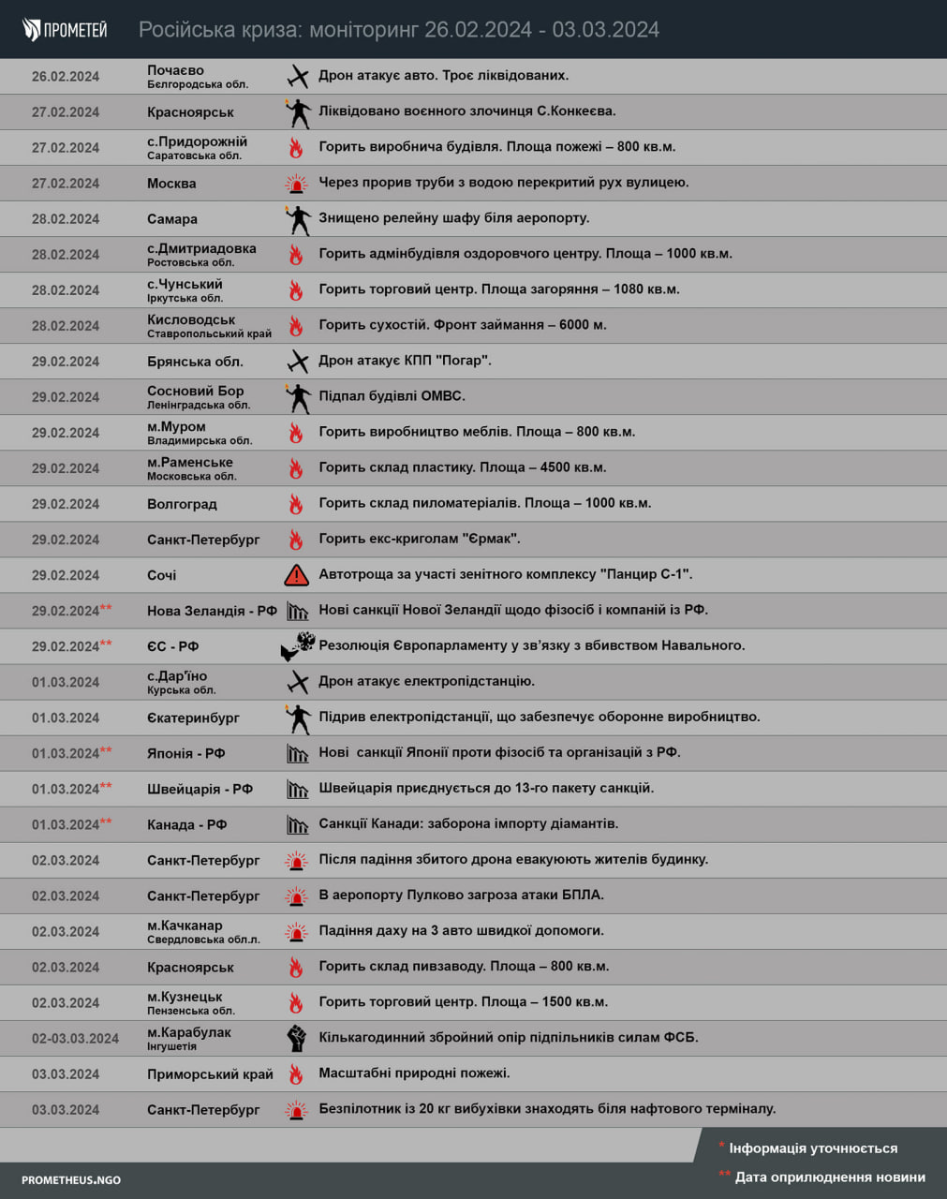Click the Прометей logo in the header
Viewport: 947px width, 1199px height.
(65, 29)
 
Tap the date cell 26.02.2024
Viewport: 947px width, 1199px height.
(66, 77)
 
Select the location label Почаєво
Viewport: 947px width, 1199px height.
(176, 70)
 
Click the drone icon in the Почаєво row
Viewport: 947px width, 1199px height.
(297, 77)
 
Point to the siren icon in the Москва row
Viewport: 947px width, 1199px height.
(296, 184)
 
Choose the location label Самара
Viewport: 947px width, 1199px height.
(172, 219)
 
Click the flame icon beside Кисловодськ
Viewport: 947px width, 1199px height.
(296, 326)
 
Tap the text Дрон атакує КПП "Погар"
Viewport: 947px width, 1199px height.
(405, 361)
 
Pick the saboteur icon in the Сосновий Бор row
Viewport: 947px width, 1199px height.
(297, 397)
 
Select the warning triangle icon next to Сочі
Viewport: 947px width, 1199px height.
(296, 575)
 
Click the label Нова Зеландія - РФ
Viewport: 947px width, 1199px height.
(212, 611)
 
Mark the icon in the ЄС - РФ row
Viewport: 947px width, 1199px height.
(297, 646)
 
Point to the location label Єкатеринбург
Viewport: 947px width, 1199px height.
(193, 718)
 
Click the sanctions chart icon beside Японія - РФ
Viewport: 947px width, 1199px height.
(297, 753)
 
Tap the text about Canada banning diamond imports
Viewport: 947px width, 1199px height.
(468, 823)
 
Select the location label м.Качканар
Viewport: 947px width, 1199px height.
(185, 925)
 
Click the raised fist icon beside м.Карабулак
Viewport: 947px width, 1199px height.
(296, 1038)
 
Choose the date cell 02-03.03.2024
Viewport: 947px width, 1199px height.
(75, 1038)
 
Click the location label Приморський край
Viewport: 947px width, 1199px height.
(210, 1074)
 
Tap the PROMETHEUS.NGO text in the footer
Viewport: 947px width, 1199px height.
(71, 1179)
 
